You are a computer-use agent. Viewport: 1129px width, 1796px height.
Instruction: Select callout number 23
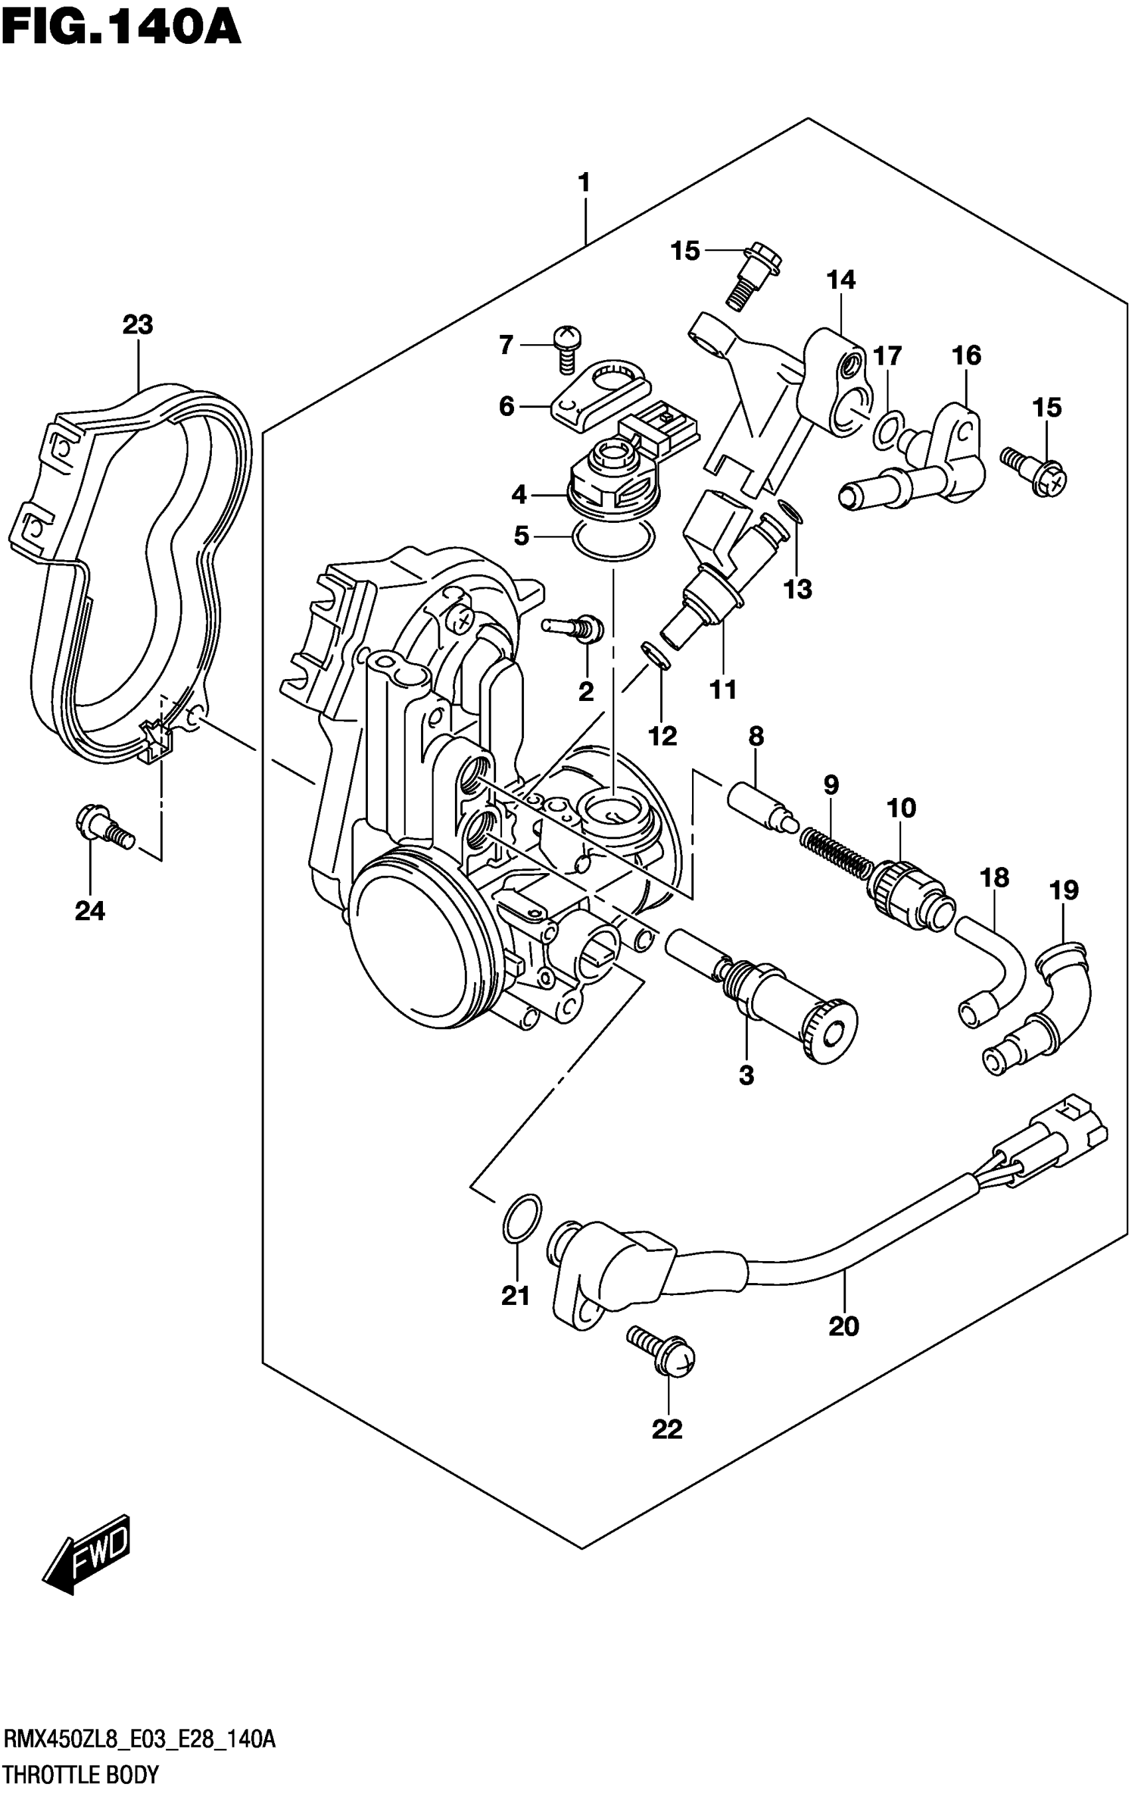(x=138, y=325)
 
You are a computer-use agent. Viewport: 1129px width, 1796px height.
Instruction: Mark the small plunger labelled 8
(x=758, y=803)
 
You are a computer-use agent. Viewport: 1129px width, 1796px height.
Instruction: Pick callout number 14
(x=840, y=280)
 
